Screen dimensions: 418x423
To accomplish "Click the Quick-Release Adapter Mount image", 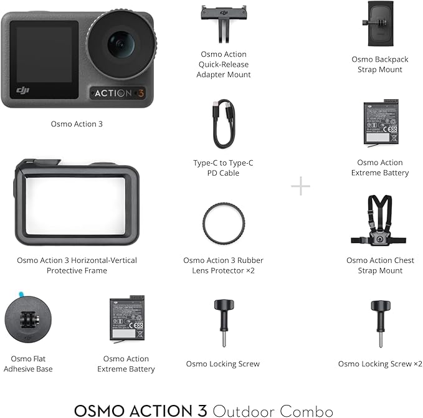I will [222, 22].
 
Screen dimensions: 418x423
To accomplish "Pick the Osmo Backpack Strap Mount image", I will [379, 24].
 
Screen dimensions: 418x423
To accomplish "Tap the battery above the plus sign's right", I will [380, 125].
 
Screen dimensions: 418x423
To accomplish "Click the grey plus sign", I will [300, 186].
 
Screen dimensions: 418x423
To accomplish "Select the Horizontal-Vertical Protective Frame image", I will [77, 202].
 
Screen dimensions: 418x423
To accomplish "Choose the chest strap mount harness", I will [379, 221].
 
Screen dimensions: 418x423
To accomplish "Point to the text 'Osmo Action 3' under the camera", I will [77, 124].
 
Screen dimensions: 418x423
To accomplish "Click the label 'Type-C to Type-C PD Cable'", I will [222, 168].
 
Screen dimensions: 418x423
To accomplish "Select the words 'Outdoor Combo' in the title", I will [272, 409].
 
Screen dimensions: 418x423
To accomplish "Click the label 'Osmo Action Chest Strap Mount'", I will [379, 265].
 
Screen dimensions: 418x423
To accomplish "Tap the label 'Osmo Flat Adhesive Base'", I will [27, 364].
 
